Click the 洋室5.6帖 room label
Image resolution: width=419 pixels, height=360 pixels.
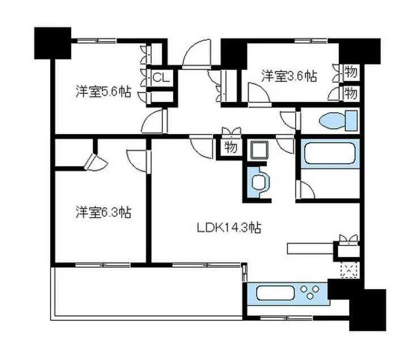103,92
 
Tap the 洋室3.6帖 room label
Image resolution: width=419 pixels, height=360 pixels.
288,75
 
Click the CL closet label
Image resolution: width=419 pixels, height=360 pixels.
160,78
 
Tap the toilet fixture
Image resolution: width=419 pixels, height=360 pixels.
339,121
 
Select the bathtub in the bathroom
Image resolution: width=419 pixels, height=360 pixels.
330,153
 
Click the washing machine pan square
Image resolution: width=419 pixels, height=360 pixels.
259,151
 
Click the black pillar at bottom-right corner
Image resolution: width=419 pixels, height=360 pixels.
367,310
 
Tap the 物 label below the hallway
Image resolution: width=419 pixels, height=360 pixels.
230,149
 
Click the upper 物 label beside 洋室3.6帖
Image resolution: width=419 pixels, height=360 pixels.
350,72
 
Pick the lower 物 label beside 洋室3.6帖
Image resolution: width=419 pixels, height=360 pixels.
350,92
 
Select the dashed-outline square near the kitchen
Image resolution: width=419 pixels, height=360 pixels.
348,271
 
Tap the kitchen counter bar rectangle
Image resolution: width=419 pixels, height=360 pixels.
311,247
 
